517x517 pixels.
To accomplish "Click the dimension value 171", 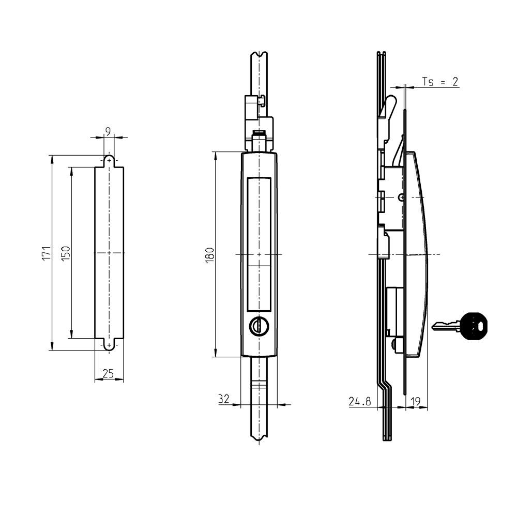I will (x=46, y=253).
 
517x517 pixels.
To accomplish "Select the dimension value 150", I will (x=66, y=253).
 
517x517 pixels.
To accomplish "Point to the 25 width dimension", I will (x=108, y=374).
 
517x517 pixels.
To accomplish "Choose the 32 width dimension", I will (x=224, y=399).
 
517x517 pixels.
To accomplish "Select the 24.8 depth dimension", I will (x=360, y=401).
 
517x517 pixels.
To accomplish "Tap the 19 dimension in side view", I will (x=416, y=401).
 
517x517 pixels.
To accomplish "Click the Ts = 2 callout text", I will (x=440, y=82).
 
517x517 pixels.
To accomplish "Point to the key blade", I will (x=445, y=326).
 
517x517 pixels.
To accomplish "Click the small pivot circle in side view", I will (x=402, y=197).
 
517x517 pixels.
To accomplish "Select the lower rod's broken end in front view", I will (x=259, y=440).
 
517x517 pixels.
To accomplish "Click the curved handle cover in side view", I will (x=421, y=248).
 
